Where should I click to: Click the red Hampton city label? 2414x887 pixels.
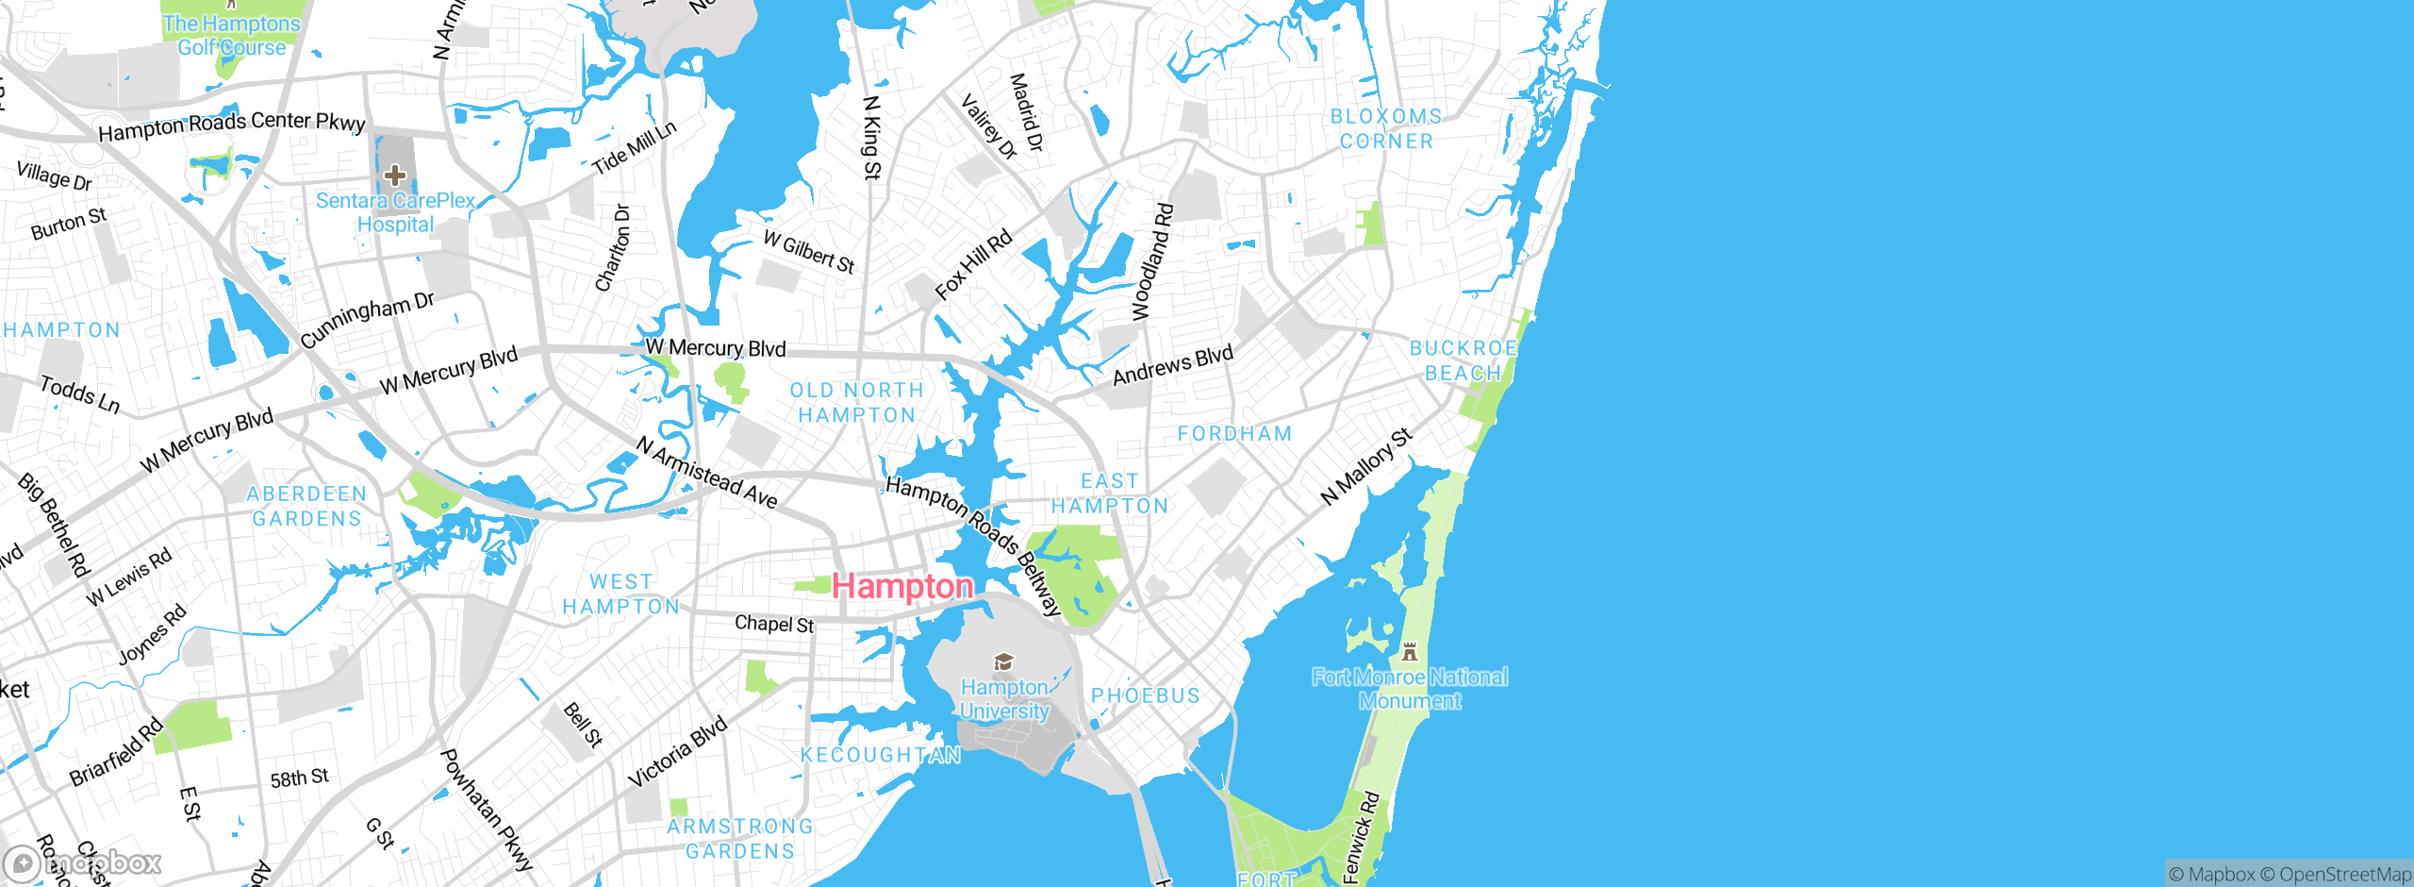(901, 586)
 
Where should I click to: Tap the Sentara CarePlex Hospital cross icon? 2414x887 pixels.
(395, 176)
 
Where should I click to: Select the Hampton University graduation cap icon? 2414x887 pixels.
(1004, 662)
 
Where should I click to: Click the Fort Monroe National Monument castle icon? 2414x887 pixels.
(1410, 651)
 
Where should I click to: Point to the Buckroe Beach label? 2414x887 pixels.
(1463, 360)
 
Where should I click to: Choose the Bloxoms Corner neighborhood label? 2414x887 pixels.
(1386, 129)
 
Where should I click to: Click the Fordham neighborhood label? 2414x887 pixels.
(1234, 434)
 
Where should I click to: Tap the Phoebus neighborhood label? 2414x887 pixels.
(1146, 695)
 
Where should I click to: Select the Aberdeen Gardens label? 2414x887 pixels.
(306, 507)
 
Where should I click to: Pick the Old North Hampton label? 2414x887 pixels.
(856, 403)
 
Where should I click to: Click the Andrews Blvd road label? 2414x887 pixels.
(1173, 365)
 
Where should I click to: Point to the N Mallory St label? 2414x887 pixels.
(1366, 466)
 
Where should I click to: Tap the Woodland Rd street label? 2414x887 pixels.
(1152, 261)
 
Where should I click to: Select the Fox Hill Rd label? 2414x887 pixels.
(973, 265)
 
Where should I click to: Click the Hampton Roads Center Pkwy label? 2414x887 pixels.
(231, 126)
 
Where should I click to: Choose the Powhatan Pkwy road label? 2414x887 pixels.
(487, 810)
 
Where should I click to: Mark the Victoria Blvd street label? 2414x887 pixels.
(678, 752)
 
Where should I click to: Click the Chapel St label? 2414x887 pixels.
(774, 624)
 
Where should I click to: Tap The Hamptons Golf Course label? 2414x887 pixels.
(231, 36)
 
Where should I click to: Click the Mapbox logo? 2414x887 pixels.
(83, 863)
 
